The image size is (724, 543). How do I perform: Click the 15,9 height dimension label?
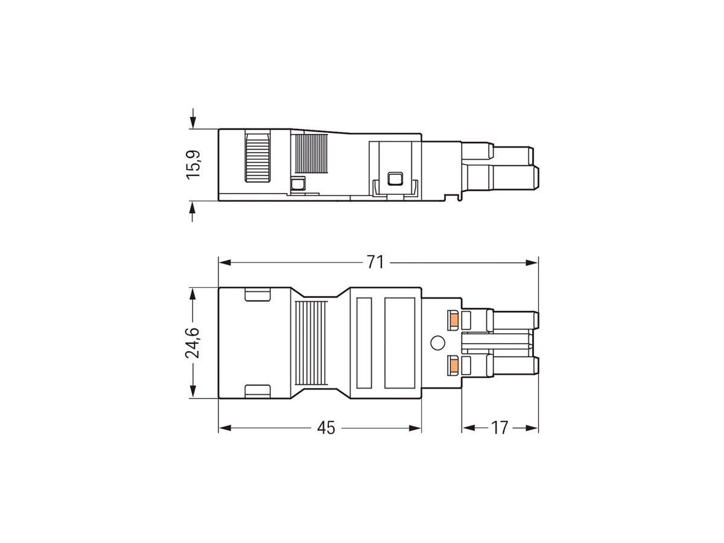pos(193,164)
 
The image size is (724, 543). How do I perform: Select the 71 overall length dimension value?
pos(375,262)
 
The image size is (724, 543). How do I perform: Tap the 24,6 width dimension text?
pos(193,343)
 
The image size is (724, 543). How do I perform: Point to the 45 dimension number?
pos(326,428)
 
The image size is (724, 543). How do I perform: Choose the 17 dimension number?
pos(499,428)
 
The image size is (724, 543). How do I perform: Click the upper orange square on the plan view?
pos(454,319)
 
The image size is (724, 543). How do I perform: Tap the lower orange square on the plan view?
pos(454,365)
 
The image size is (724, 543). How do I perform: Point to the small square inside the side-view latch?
pos(395,178)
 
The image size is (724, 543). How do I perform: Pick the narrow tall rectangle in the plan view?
pos(363,343)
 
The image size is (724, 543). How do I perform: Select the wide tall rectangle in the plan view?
pos(399,343)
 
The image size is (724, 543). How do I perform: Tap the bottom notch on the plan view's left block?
pos(257,391)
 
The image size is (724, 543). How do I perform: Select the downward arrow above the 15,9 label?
pos(193,117)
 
